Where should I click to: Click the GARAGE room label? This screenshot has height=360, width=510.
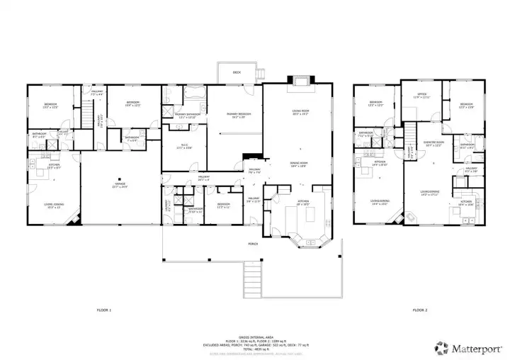pos(120,186)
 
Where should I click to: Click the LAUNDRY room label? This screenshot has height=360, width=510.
pos(167,207)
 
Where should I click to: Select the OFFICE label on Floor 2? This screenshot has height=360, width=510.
pos(421,96)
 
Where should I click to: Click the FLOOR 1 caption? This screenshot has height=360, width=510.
pos(104,310)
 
